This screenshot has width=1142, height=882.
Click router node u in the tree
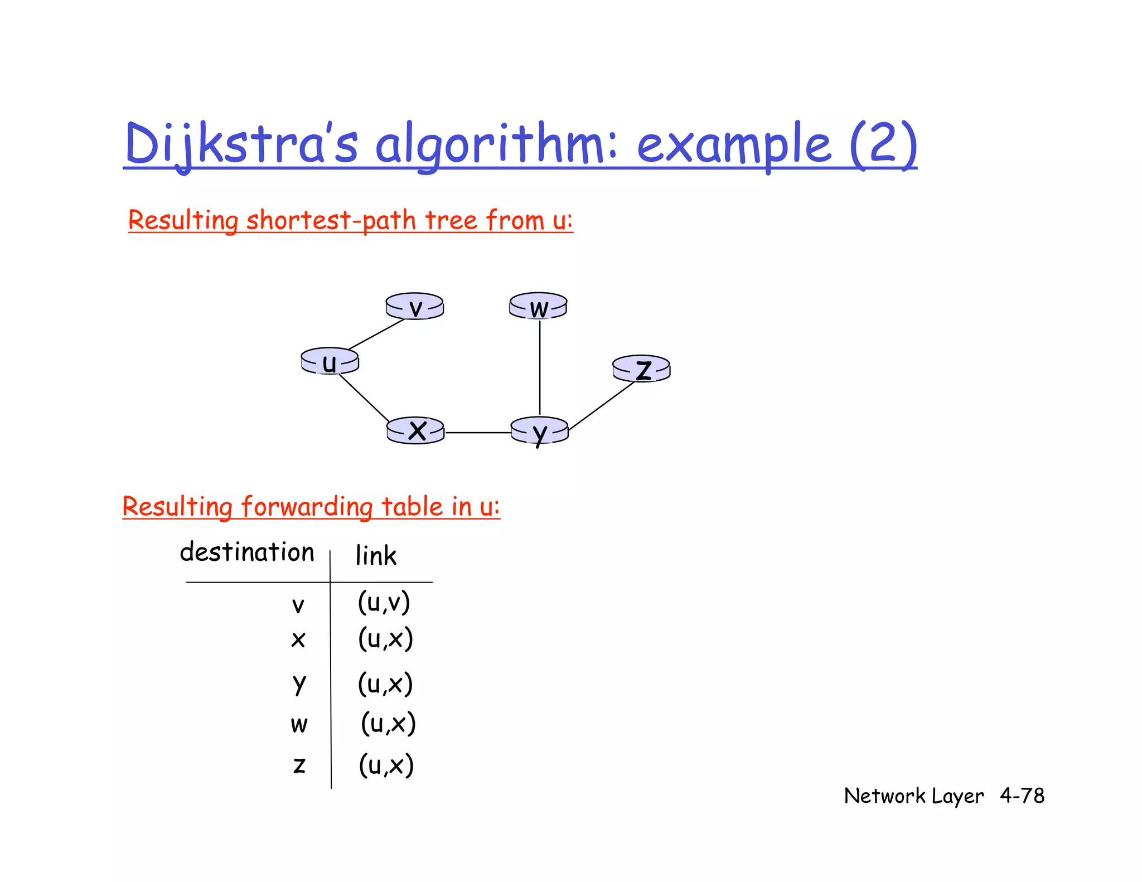330,361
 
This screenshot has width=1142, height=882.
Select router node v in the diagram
415,307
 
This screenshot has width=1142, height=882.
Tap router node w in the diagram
538,307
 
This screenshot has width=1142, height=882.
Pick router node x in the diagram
416,431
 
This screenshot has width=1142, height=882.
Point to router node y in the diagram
540,431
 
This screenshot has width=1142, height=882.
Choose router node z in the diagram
641,369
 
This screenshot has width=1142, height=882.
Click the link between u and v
376,333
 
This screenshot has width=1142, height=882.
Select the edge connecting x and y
478,433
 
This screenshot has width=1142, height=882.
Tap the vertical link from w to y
540,368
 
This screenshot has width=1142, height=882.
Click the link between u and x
364,398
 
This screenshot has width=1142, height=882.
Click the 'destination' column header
247,553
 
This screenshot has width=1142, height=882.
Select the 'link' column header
376,556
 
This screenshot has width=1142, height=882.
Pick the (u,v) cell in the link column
384,603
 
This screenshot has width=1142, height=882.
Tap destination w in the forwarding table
299,724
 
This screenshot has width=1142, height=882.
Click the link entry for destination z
386,765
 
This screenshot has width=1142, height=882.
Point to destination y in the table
299,684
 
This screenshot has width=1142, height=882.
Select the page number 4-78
1022,796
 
